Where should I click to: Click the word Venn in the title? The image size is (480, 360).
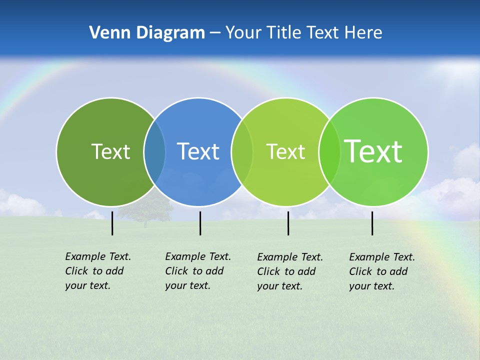click(106, 33)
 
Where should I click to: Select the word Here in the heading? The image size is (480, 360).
click(363, 33)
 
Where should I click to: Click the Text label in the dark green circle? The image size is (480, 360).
click(110, 151)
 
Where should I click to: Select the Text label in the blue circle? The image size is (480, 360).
click(198, 151)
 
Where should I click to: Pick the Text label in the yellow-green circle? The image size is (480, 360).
click(285, 151)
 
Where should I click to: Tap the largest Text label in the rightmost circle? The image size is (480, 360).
click(373, 151)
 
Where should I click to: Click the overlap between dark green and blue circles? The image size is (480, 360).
click(154, 152)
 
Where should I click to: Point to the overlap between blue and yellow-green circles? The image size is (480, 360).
click(242, 152)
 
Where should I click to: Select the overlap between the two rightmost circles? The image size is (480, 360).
click(329, 152)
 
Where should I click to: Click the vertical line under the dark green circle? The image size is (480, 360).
click(112, 223)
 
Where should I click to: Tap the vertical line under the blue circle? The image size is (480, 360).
click(200, 223)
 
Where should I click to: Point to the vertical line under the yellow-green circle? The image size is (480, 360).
click(288, 223)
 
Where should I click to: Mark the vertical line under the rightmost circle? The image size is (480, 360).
click(372, 223)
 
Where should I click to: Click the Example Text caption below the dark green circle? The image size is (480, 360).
click(98, 271)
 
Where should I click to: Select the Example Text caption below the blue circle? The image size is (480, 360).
click(198, 271)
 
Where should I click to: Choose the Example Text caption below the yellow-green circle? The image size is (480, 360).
click(290, 271)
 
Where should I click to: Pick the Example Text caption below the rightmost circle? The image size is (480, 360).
click(382, 271)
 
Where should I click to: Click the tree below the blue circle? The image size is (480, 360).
click(146, 210)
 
